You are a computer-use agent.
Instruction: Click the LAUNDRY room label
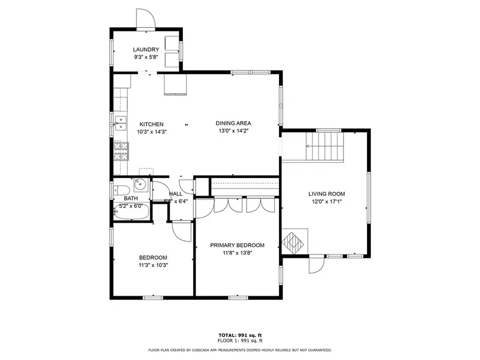point(146,50)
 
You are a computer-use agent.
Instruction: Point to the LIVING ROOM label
point(326,194)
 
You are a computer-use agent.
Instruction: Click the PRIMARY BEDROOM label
point(237,245)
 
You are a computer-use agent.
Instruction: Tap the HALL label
point(175,194)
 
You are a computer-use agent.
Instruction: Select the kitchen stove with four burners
point(121,151)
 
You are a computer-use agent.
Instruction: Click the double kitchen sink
point(120,124)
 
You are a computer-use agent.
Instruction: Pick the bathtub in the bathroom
point(131,212)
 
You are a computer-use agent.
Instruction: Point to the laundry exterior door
point(145,19)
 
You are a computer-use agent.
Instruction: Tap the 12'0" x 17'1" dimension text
point(326,201)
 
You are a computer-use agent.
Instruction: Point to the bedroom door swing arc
point(181,230)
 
